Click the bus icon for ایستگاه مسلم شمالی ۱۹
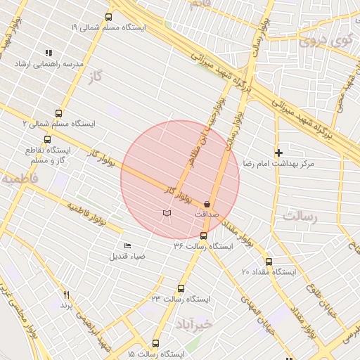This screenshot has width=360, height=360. click(x=108, y=17)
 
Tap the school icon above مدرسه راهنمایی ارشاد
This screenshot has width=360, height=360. click(x=49, y=53)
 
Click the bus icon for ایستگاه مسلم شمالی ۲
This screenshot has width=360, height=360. click(x=58, y=112)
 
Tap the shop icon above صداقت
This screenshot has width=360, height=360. click(x=207, y=203)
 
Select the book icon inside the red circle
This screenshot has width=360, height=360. click(x=167, y=212)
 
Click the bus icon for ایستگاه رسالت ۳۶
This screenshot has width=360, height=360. click(x=204, y=236)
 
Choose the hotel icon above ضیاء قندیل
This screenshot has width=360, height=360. click(x=127, y=245)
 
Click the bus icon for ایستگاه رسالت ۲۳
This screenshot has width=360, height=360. click(x=181, y=288)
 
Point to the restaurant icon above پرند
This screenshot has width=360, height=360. click(x=67, y=295)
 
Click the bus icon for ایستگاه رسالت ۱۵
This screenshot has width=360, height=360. click(x=155, y=344)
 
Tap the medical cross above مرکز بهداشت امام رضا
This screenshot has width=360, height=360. click(x=278, y=152)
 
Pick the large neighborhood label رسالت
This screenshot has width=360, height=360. click(x=300, y=217)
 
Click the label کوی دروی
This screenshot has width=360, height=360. click(x=323, y=40)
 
